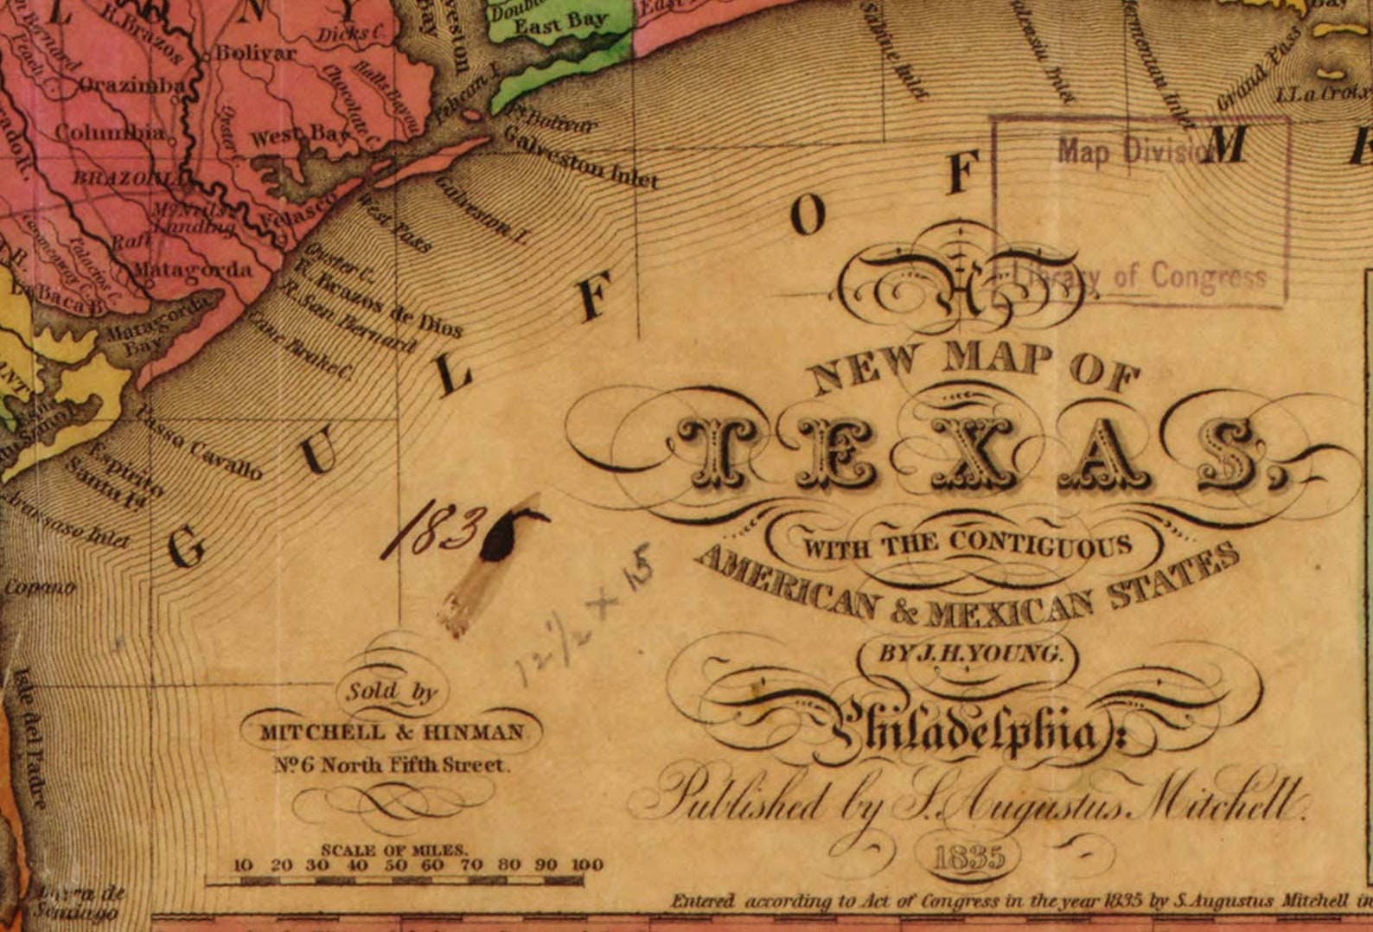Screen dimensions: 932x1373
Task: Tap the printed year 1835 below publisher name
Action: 968,857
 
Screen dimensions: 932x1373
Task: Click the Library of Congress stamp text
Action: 1141,277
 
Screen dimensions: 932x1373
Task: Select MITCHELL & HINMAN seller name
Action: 393,732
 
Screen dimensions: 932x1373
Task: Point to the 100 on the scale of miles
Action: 586,865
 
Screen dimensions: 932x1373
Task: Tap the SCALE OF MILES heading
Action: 393,849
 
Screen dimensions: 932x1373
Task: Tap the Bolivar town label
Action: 255,53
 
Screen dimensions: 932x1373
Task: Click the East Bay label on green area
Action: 560,24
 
